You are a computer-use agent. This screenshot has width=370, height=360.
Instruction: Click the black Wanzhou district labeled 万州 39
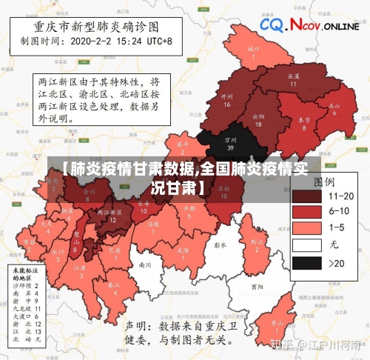[232, 141]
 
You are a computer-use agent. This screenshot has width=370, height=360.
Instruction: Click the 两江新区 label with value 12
[112, 216]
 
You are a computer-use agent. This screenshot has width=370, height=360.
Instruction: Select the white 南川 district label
[145, 264]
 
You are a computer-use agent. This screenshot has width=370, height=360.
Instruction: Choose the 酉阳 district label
[257, 286]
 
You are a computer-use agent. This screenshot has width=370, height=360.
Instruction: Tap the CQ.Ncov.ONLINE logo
[309, 26]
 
